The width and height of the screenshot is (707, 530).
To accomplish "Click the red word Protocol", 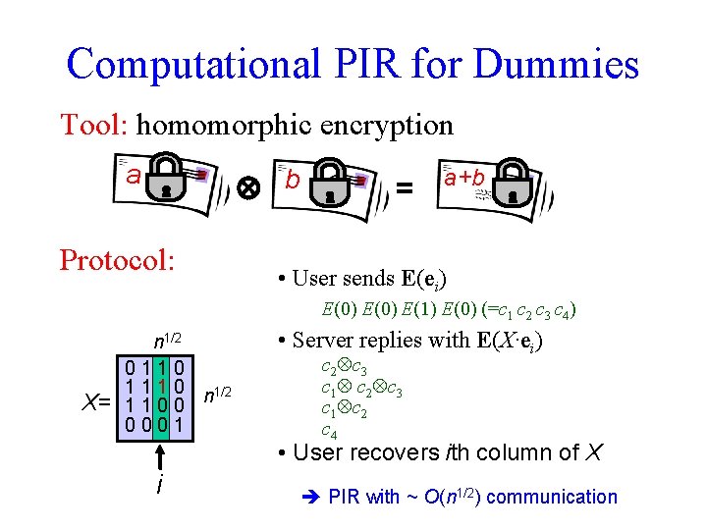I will click(117, 260).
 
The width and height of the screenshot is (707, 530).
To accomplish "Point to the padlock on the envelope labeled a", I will click(169, 179).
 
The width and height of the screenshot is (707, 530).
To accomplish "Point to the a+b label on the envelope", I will click(464, 178).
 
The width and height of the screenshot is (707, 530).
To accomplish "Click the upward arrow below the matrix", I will click(159, 457).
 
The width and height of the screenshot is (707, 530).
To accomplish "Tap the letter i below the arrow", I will click(158, 486).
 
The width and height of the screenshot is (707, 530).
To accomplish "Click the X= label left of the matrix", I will click(96, 402).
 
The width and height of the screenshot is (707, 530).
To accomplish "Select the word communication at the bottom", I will click(552, 497).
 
